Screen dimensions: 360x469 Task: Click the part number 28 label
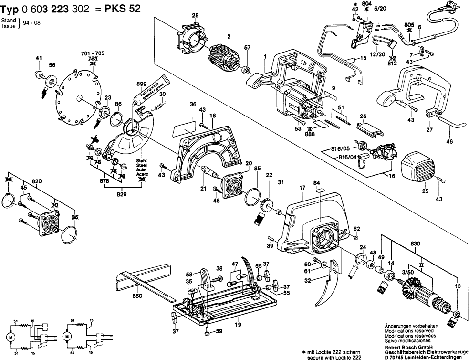(195, 16)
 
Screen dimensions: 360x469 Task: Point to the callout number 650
(137, 296)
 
